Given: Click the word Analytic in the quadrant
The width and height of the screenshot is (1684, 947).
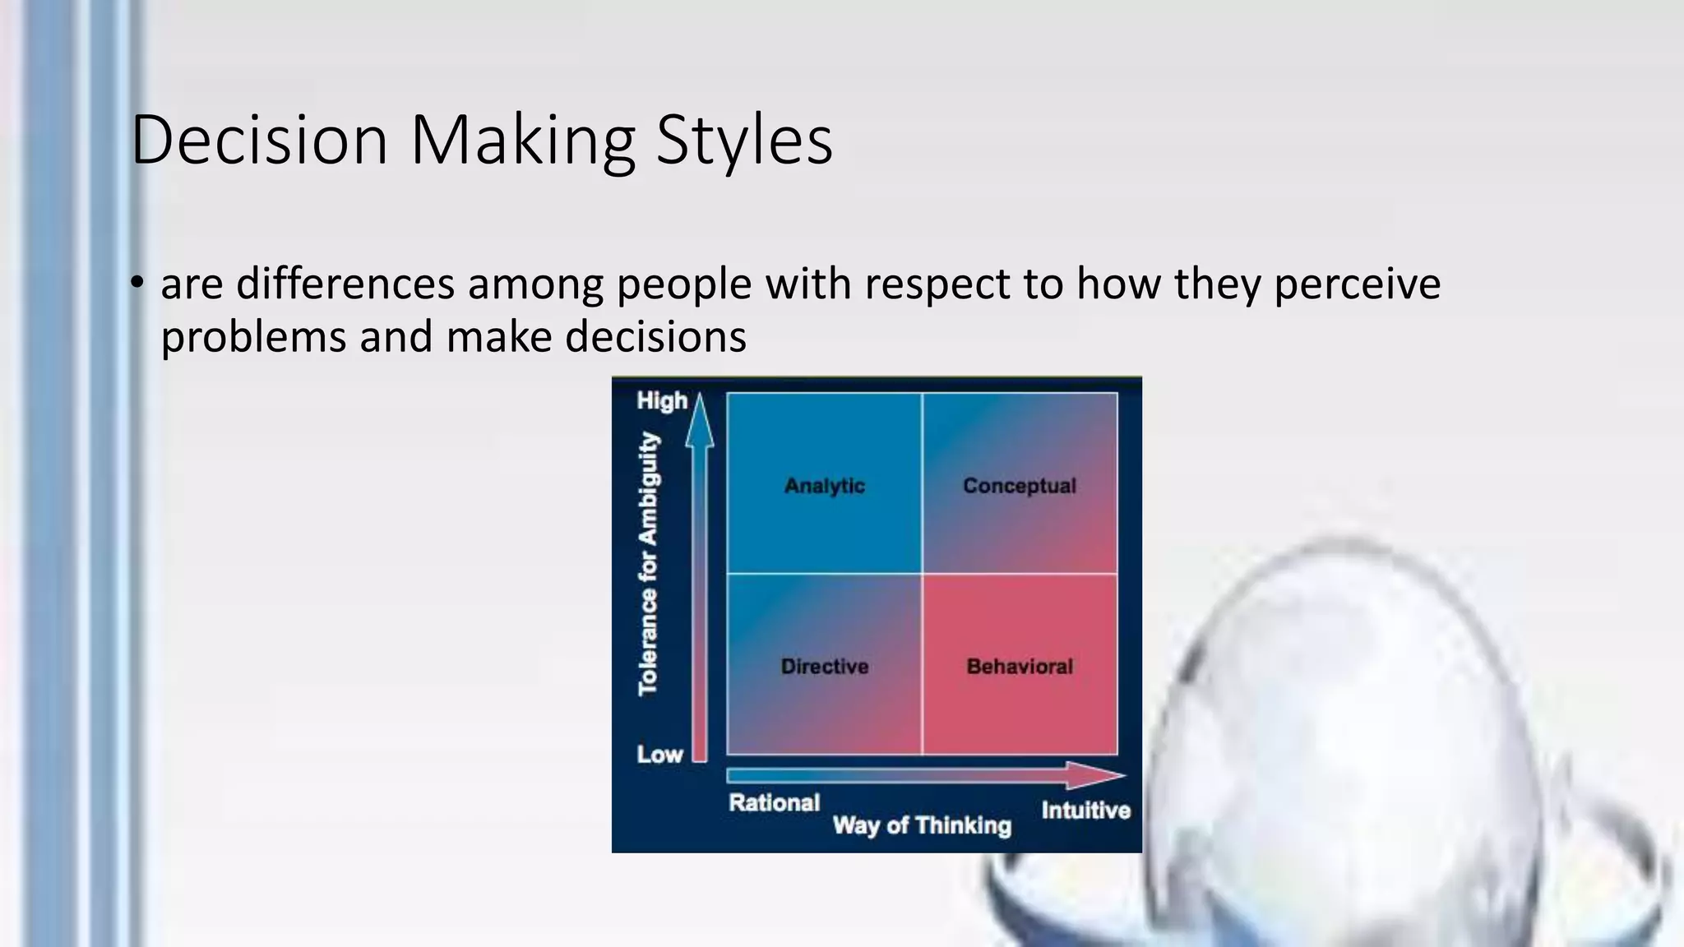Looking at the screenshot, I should (x=824, y=486).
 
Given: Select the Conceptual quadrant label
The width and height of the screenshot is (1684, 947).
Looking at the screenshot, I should (x=1019, y=486).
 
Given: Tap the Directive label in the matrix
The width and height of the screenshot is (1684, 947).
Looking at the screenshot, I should (x=824, y=667).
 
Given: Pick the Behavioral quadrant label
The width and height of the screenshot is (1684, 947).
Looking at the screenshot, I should (x=1020, y=667).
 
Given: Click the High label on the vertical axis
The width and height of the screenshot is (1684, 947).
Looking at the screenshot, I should (x=661, y=401).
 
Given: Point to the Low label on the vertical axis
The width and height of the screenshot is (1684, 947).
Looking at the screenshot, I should (x=659, y=755).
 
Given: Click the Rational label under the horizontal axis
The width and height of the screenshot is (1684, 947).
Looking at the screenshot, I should (x=774, y=803).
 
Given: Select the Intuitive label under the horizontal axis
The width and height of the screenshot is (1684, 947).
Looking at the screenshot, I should (x=1085, y=811).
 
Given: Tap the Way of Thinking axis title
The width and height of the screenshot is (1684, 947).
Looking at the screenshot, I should (x=921, y=825).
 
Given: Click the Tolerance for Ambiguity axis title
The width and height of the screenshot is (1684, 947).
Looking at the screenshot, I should (x=649, y=564).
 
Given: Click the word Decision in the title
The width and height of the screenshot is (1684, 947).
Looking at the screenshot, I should (x=259, y=140).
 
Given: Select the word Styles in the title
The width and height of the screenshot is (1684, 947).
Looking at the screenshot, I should (x=744, y=140).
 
